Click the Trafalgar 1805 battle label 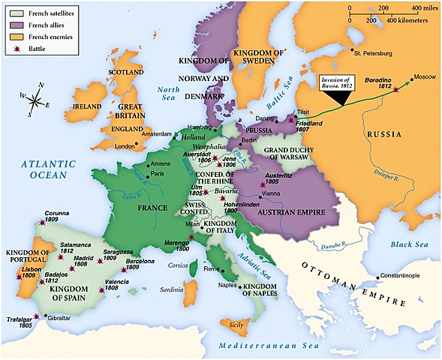[x=20, y=322]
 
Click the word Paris [x=157, y=173]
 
